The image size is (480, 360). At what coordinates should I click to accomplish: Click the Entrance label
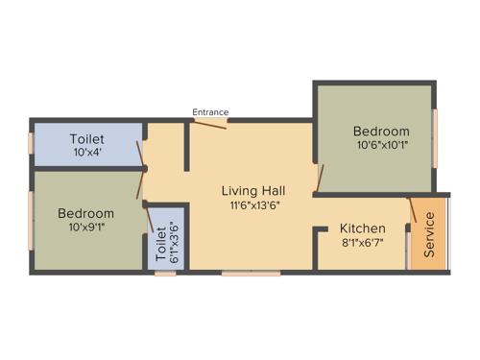point(210,112)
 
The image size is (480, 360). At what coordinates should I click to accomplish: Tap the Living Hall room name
point(252,190)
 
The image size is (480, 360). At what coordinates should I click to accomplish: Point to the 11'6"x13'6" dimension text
point(252,204)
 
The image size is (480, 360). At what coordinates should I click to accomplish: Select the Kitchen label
point(363,228)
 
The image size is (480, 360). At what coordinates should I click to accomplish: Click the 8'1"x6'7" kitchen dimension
point(363,244)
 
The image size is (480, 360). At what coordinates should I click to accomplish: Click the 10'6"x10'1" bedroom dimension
point(381,146)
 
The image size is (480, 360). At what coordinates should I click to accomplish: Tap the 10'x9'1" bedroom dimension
point(85,228)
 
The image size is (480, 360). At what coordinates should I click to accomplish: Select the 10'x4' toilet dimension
point(87,153)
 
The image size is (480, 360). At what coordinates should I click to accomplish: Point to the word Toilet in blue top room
point(87,139)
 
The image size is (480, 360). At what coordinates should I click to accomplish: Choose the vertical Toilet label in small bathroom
point(161,246)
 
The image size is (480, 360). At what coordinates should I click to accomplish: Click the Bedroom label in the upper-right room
point(381,132)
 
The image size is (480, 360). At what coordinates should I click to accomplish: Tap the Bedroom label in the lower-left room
point(85,213)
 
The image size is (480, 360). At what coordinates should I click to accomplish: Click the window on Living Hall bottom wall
point(252,274)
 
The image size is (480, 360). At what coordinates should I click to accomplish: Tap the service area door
point(413,212)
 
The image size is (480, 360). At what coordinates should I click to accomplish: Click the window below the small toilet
point(165,274)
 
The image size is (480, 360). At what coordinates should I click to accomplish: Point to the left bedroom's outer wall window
point(32,221)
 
